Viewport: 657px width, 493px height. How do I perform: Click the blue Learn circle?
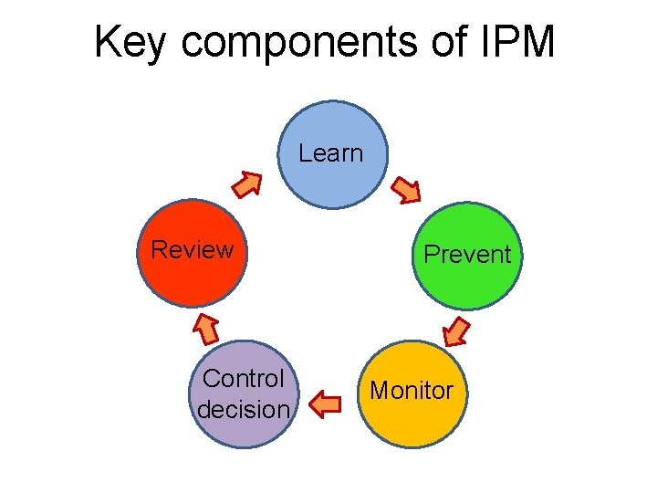tap(332, 155)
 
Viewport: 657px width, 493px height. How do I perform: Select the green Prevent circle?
tap(465, 255)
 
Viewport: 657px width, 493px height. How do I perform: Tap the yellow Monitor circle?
tap(412, 393)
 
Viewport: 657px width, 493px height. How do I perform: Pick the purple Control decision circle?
tap(244, 394)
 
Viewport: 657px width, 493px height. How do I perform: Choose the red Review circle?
tap(193, 252)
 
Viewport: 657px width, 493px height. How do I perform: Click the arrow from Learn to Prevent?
tap(406, 190)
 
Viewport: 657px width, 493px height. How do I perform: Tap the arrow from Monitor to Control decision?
tap(328, 402)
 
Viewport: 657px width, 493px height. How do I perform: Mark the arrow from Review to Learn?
tap(246, 184)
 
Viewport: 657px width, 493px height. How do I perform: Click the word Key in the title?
tap(129, 42)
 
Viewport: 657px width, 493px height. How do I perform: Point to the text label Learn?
tap(330, 153)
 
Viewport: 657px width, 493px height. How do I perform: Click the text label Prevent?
tap(467, 254)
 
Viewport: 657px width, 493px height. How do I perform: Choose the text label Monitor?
tap(412, 391)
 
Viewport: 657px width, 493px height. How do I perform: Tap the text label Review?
tap(192, 249)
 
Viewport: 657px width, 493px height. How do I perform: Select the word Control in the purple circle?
tap(244, 378)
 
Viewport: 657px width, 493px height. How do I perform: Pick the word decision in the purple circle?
tap(244, 409)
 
